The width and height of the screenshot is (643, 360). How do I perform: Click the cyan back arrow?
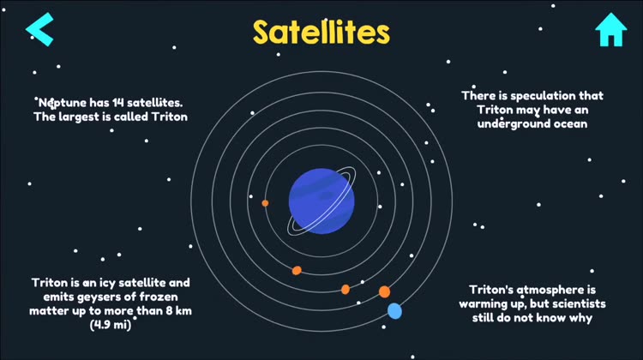click(x=39, y=29)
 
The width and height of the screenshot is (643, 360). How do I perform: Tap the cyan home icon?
click(x=611, y=29)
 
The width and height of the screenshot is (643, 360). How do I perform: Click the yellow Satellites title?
click(x=321, y=33)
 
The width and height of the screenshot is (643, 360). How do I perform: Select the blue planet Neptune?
click(x=321, y=201)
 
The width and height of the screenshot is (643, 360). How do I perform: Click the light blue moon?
click(x=394, y=311)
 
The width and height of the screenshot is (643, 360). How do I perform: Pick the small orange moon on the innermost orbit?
click(x=265, y=203)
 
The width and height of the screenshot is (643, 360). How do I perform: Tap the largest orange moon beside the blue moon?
click(x=384, y=291)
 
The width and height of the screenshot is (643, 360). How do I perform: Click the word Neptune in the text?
click(x=63, y=103)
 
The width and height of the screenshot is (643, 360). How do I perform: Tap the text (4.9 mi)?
click(x=111, y=325)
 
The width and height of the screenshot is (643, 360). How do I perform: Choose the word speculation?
click(x=543, y=96)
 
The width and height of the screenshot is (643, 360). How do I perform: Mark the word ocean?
click(x=570, y=123)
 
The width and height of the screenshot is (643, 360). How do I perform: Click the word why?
click(x=580, y=319)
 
